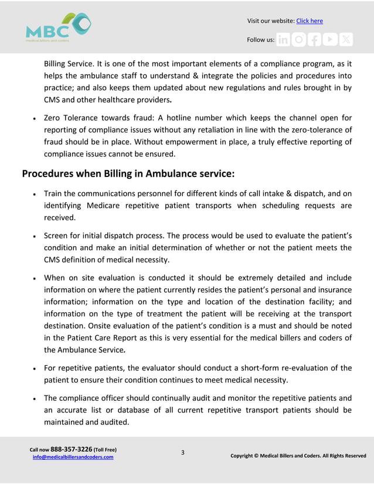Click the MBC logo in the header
click(x=58, y=27)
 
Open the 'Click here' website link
click(x=309, y=21)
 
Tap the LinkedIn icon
click(x=283, y=40)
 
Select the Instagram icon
click(x=299, y=40)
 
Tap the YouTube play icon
click(x=331, y=40)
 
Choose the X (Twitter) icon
click(x=346, y=40)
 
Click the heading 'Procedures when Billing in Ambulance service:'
click(x=128, y=173)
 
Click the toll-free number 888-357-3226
click(x=72, y=449)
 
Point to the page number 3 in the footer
click(x=182, y=452)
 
